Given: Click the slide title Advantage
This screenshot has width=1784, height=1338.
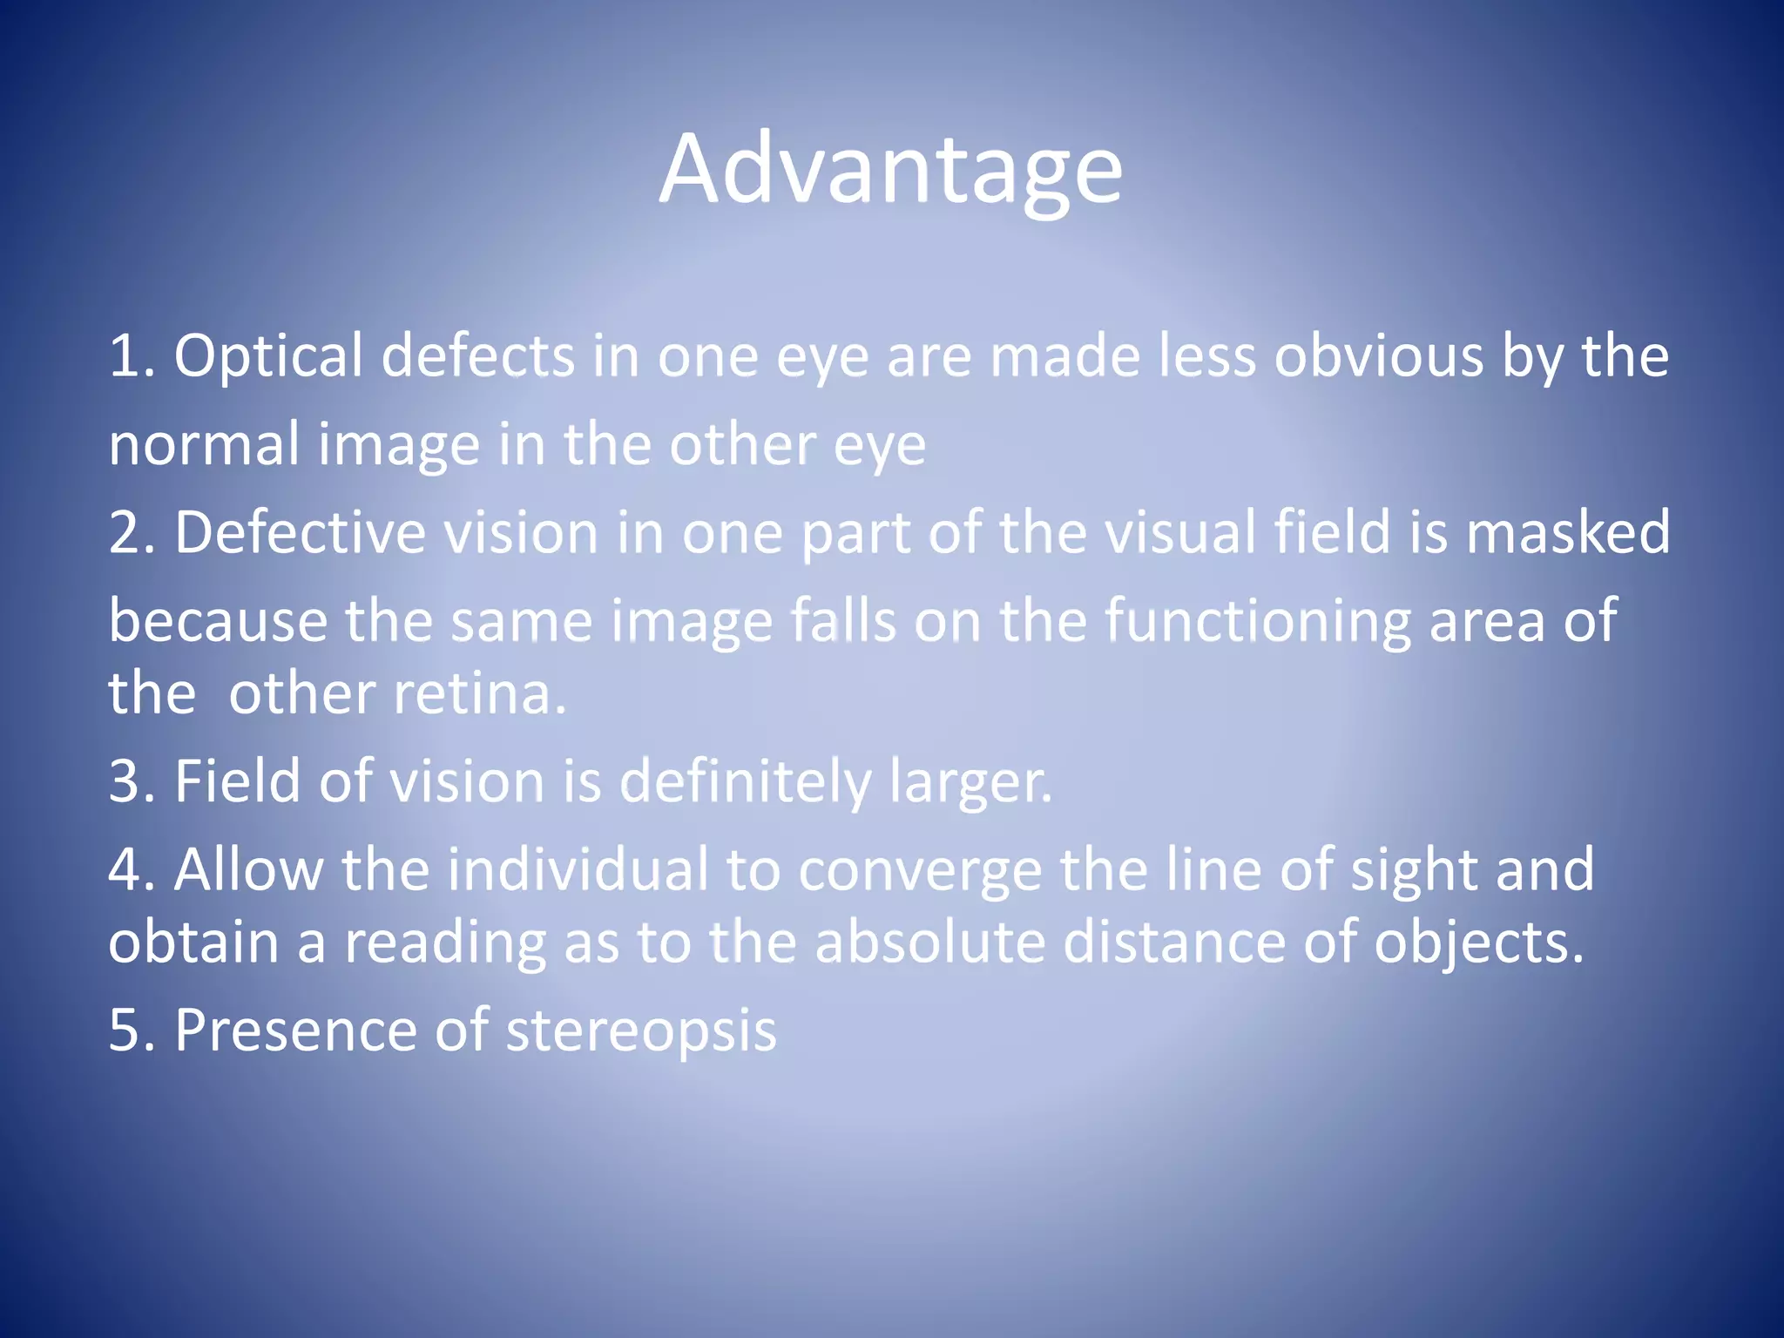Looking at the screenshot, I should [x=890, y=170].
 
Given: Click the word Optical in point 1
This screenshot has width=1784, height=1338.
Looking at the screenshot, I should [x=267, y=357].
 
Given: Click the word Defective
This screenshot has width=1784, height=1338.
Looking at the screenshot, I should [x=300, y=533].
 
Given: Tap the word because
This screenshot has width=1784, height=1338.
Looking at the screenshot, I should [x=218, y=622].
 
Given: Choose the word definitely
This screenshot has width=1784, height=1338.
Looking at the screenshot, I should [x=745, y=782].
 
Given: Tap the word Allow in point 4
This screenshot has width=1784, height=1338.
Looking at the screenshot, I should [x=248, y=870].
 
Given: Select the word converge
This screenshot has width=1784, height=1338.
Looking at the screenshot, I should [x=919, y=872].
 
